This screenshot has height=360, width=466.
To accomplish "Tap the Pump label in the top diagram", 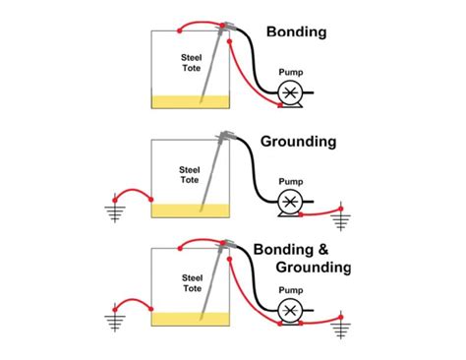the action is coord(291,72).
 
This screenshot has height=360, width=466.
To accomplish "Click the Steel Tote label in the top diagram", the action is coord(192,62).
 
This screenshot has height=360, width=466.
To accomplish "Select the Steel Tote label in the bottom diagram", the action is coord(192,283).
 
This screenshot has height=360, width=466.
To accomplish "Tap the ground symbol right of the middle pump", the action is coord(341,217).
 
